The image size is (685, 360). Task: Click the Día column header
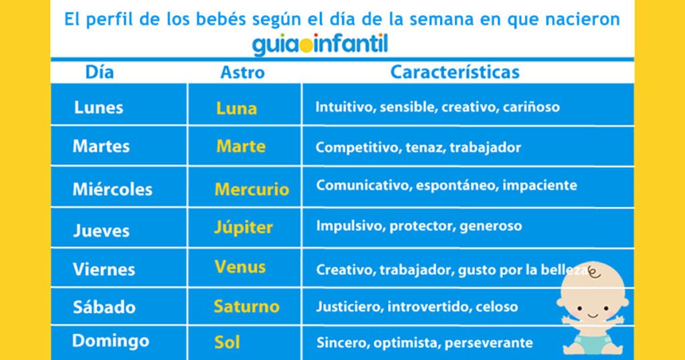tap(100, 72)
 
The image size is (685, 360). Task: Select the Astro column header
tap(242, 72)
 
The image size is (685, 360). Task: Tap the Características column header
tap(455, 72)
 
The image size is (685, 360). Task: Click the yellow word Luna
tap(236, 108)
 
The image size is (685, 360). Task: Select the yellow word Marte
tap(241, 147)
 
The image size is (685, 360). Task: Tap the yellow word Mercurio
tap(252, 189)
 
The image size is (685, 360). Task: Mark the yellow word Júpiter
tap(243, 228)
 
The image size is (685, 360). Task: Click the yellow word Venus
tap(240, 266)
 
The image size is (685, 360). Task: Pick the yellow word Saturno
tap(246, 306)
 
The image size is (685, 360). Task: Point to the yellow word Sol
tap(227, 342)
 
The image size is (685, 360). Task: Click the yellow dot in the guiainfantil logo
tap(306, 46)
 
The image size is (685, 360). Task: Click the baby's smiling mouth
tap(593, 314)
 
